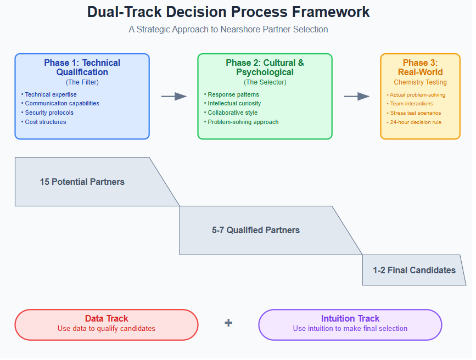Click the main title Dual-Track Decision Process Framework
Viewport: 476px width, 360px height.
click(x=228, y=12)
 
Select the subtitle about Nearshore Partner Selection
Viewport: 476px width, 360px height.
click(x=228, y=30)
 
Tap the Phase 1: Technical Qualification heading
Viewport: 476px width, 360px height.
click(x=82, y=67)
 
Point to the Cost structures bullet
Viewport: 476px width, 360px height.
click(x=44, y=122)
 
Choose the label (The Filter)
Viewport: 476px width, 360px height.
click(x=82, y=82)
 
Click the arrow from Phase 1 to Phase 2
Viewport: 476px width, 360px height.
click(x=174, y=97)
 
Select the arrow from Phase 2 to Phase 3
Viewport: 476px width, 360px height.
click(x=357, y=97)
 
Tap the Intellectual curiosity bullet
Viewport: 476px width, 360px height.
click(x=233, y=104)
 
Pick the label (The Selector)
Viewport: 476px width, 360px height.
click(x=265, y=82)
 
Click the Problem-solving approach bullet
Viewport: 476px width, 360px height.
click(x=242, y=122)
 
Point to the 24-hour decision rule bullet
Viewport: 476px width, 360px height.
click(x=414, y=122)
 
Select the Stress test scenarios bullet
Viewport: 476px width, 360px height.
click(x=414, y=113)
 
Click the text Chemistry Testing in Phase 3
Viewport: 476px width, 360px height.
click(x=421, y=82)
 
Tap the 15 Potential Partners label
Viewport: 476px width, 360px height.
click(x=82, y=182)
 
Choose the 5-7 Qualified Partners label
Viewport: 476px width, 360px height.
click(x=256, y=230)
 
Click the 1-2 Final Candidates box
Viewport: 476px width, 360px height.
click(x=414, y=270)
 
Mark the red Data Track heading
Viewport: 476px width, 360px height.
click(x=107, y=318)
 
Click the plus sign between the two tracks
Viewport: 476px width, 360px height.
click(x=228, y=323)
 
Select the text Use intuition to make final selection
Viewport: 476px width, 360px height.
click(x=350, y=328)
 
